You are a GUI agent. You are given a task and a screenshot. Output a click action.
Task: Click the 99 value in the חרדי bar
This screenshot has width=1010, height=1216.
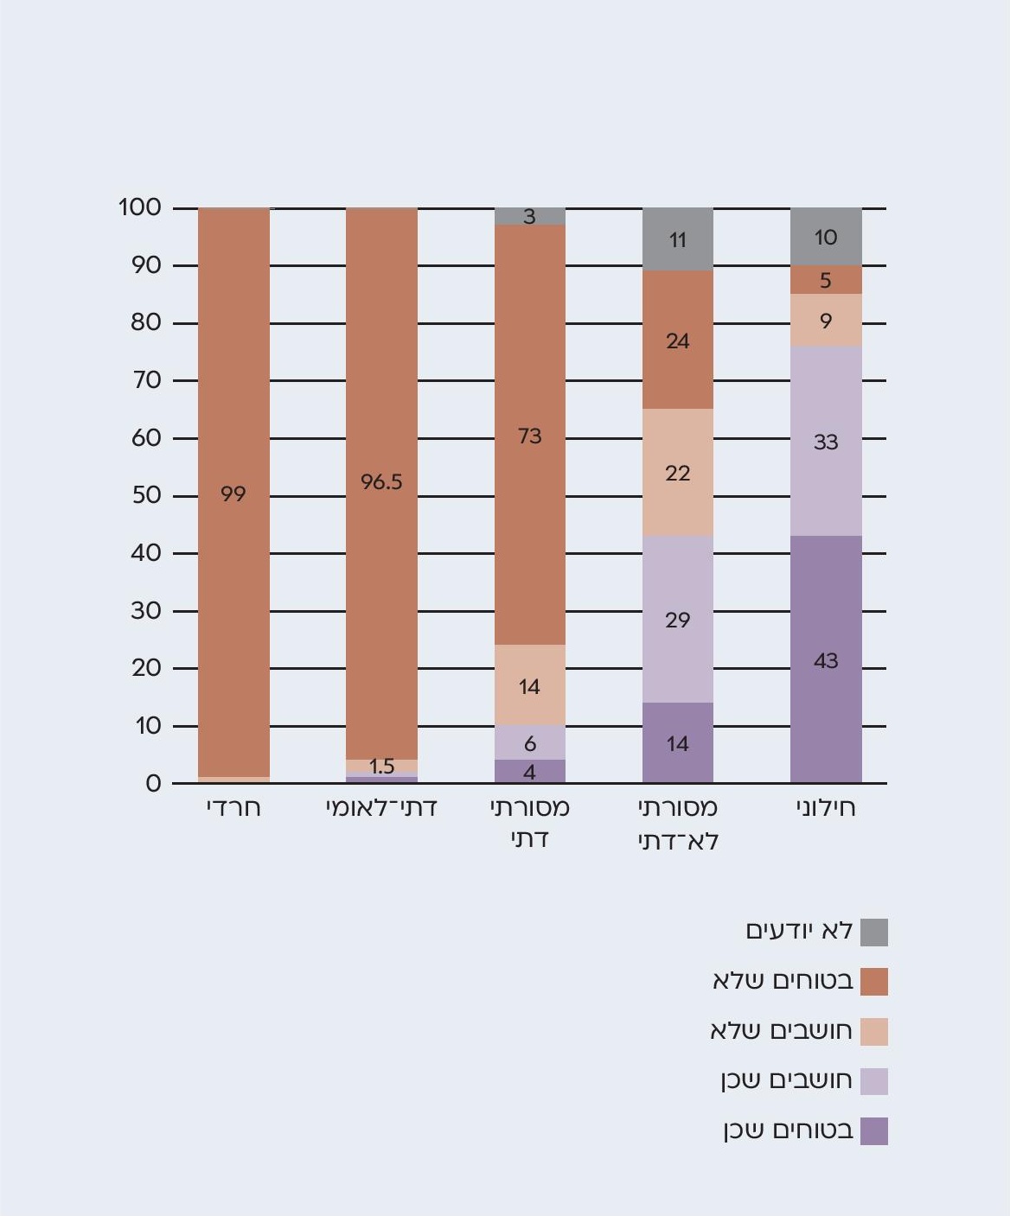[233, 493]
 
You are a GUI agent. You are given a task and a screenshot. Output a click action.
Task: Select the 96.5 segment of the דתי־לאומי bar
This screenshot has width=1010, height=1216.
[381, 482]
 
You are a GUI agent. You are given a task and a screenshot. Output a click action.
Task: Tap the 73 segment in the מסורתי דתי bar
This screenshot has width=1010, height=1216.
[529, 436]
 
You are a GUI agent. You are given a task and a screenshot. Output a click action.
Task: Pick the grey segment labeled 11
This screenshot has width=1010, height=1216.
[678, 239]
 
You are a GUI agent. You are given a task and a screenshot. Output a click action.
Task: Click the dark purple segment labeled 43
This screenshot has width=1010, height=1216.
[826, 660]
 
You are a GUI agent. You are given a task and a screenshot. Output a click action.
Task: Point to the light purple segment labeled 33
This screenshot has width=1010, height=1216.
[826, 442]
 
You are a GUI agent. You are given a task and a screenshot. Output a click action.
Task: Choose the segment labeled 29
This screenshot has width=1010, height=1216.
[678, 620]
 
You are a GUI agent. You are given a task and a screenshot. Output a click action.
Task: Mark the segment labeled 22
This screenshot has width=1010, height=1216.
[678, 473]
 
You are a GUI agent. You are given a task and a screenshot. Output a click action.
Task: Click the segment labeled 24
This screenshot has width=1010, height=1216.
[678, 341]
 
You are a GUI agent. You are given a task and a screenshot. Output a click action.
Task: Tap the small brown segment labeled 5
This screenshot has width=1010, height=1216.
[826, 280]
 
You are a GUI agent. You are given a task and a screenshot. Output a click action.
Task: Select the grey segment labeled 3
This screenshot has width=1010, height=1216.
[529, 217]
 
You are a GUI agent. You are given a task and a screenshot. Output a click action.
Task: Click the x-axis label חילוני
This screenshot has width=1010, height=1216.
[826, 808]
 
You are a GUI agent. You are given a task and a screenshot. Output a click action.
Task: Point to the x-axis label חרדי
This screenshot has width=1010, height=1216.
[233, 808]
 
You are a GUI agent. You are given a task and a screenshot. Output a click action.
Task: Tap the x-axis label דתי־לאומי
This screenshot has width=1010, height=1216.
[381, 808]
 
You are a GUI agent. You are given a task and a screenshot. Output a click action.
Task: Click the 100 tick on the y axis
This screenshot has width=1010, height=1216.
[140, 207]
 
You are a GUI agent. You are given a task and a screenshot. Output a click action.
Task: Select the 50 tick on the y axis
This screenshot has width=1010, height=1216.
[146, 495]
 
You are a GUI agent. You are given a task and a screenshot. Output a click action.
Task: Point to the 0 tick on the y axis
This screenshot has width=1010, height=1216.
[153, 783]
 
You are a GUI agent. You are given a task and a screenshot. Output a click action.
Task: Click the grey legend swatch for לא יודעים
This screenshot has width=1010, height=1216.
[874, 933]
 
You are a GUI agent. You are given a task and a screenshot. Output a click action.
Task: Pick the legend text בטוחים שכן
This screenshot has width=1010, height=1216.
[788, 1130]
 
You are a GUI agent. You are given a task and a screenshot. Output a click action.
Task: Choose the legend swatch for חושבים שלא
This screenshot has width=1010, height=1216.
[874, 1032]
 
